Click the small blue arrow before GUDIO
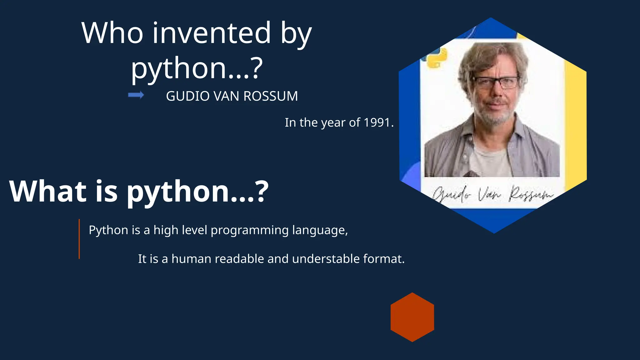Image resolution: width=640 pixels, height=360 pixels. pos(136,95)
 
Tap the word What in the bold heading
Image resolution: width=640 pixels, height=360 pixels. pos(47,191)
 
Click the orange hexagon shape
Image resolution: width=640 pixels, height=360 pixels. pos(412,317)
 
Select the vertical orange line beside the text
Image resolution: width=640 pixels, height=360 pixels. pos(79,239)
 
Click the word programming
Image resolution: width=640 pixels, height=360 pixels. pos(249,231)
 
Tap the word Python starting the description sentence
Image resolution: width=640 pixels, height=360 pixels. pos(108,231)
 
